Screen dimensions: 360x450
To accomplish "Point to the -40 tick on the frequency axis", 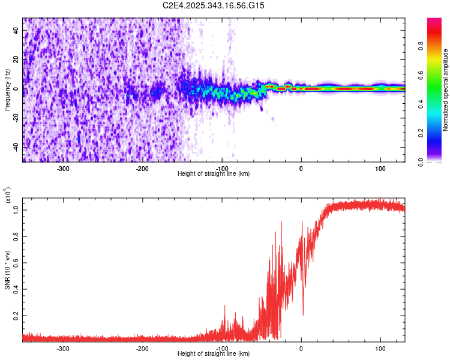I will click(x=15, y=146).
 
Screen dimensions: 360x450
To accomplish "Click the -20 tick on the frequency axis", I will click(x=15, y=117).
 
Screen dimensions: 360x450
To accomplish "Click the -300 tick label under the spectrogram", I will click(x=64, y=169).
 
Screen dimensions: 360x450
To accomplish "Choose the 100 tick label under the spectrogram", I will click(x=380, y=169).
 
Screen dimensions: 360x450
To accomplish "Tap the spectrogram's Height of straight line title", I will click(x=214, y=173).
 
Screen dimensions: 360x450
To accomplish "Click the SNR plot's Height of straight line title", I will click(x=214, y=353).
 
